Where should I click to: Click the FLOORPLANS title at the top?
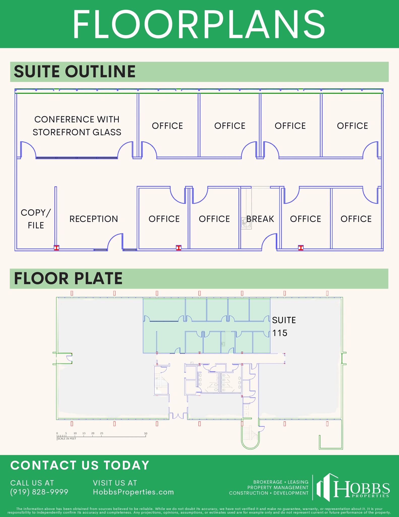pos(199,24)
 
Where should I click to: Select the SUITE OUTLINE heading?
pos(75,71)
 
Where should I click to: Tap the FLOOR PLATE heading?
pos(68,278)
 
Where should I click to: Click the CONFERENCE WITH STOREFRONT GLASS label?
pos(77,126)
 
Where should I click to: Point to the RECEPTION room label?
pos(94,219)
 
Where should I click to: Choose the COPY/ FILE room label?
pos(36,219)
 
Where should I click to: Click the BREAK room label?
pos(260,219)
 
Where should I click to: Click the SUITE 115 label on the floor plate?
pos(284,326)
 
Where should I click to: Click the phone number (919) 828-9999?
pos(39,492)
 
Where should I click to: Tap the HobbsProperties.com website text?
pos(133,492)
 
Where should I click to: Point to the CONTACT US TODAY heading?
pos(80,465)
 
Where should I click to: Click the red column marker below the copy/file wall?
pos(56,248)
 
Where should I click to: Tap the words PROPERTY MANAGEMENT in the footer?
pos(278,487)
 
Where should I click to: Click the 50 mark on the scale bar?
pos(146,433)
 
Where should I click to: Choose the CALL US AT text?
pos(32,483)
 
